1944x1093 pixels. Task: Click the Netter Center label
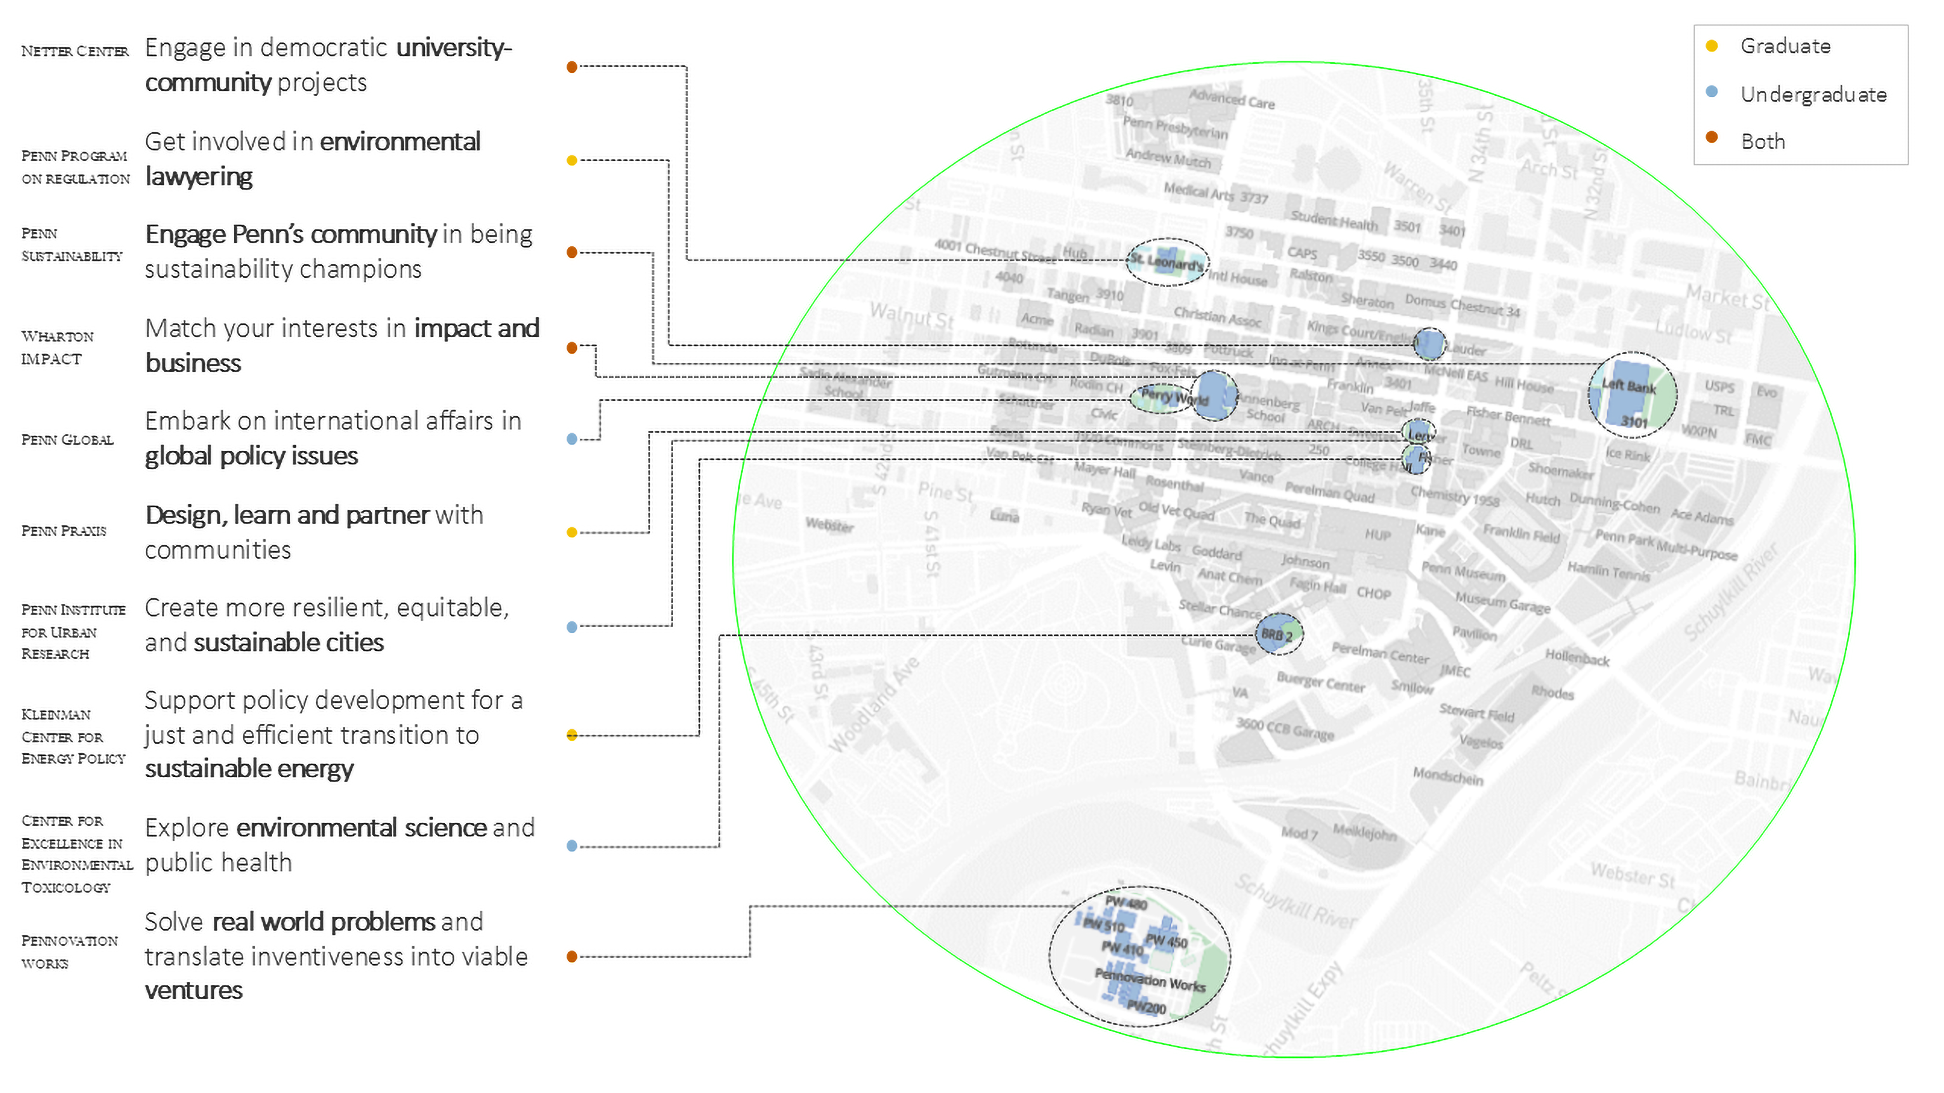75,51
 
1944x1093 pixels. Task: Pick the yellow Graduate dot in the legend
1712,46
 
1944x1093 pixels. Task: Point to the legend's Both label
1763,142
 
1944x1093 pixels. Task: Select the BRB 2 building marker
1277,635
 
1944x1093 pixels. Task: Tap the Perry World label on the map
1174,396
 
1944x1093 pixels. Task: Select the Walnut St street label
912,315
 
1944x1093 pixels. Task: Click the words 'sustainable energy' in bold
249,769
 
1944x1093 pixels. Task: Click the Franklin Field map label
1521,534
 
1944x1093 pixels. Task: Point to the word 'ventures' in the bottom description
194,991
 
